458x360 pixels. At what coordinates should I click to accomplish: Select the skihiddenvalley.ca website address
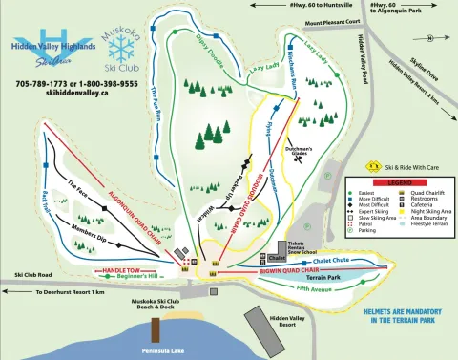tap(61, 94)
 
